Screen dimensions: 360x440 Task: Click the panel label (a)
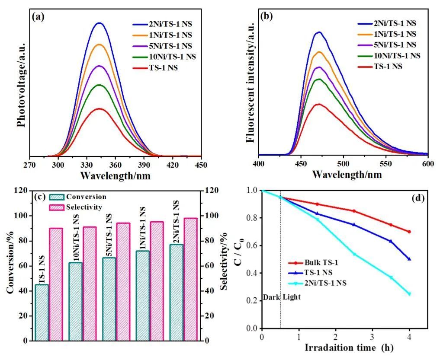click(x=38, y=17)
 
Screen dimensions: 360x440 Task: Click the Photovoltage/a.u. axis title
click(x=21, y=85)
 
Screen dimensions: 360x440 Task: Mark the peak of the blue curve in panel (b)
click(x=319, y=32)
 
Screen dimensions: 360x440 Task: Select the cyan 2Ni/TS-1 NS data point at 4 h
click(x=409, y=294)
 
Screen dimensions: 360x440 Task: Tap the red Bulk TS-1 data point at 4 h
click(x=409, y=232)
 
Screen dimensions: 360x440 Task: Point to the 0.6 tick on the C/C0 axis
click(x=253, y=245)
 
